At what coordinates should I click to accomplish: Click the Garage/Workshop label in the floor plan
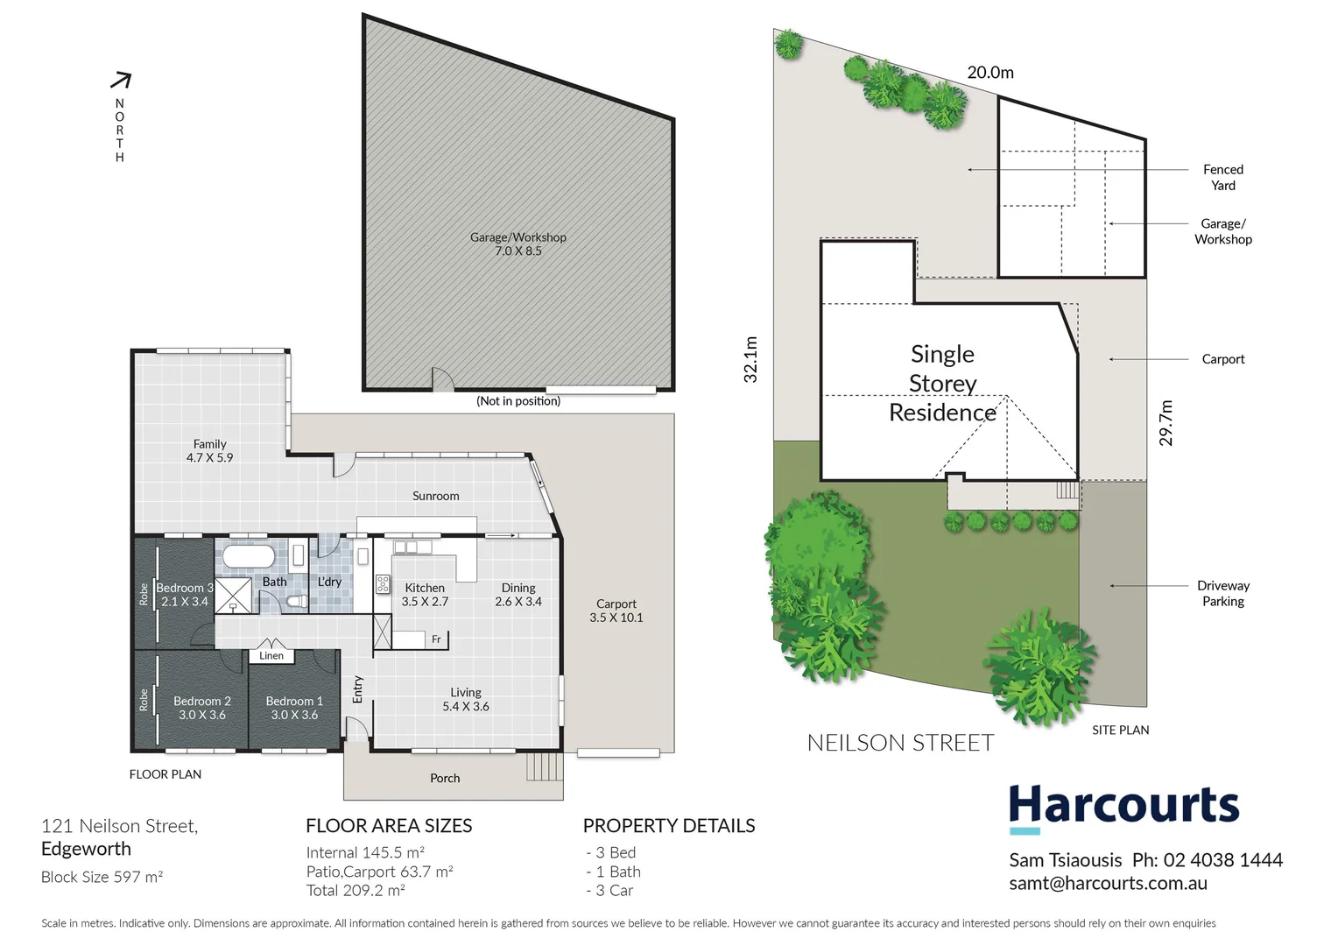click(518, 237)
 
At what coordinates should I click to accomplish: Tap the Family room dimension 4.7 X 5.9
click(209, 457)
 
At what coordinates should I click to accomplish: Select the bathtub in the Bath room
click(249, 557)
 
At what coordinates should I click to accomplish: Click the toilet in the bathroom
click(296, 602)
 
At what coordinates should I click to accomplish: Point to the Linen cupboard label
click(271, 655)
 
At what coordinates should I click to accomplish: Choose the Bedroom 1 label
click(294, 701)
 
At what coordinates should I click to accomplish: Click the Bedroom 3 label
click(185, 588)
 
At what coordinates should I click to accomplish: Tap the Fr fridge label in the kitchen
click(436, 639)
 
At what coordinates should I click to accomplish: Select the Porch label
click(445, 778)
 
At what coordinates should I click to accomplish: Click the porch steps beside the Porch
click(544, 768)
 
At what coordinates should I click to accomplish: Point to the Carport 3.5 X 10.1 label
click(616, 611)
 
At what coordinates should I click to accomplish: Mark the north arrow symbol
click(121, 81)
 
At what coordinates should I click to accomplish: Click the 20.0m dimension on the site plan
click(990, 73)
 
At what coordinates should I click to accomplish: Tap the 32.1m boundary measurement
click(750, 359)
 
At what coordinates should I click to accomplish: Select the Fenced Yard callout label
click(1222, 177)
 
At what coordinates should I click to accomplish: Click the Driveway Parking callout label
click(1222, 593)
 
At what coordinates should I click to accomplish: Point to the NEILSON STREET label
click(900, 743)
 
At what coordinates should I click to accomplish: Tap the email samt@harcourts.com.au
click(1108, 883)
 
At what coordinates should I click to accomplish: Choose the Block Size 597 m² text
click(102, 877)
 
